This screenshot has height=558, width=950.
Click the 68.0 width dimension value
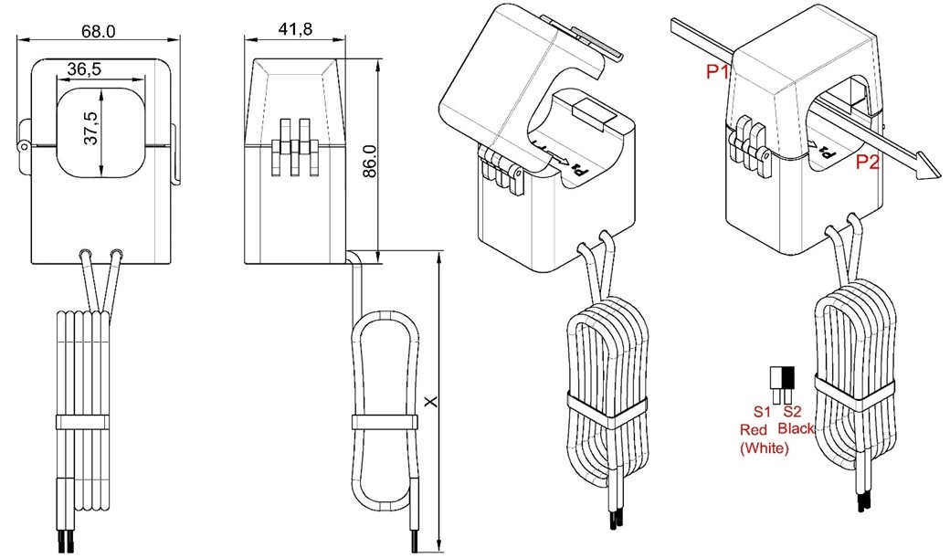(98, 31)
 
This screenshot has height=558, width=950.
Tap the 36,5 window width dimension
(84, 69)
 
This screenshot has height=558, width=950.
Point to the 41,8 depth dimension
(296, 28)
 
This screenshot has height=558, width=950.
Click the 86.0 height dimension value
(370, 161)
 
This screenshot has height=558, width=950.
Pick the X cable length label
(431, 401)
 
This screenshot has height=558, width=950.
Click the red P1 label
(717, 72)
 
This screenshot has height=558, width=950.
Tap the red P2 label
(867, 163)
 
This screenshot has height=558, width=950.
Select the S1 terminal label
(762, 412)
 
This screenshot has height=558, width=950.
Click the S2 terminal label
(791, 412)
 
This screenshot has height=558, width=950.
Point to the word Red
(754, 429)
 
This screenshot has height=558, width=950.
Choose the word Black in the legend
(796, 429)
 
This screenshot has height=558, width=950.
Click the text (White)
(765, 448)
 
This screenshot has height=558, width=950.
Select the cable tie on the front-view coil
(83, 423)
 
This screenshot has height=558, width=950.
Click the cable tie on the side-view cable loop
(385, 422)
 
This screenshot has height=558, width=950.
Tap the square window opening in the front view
(101, 132)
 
